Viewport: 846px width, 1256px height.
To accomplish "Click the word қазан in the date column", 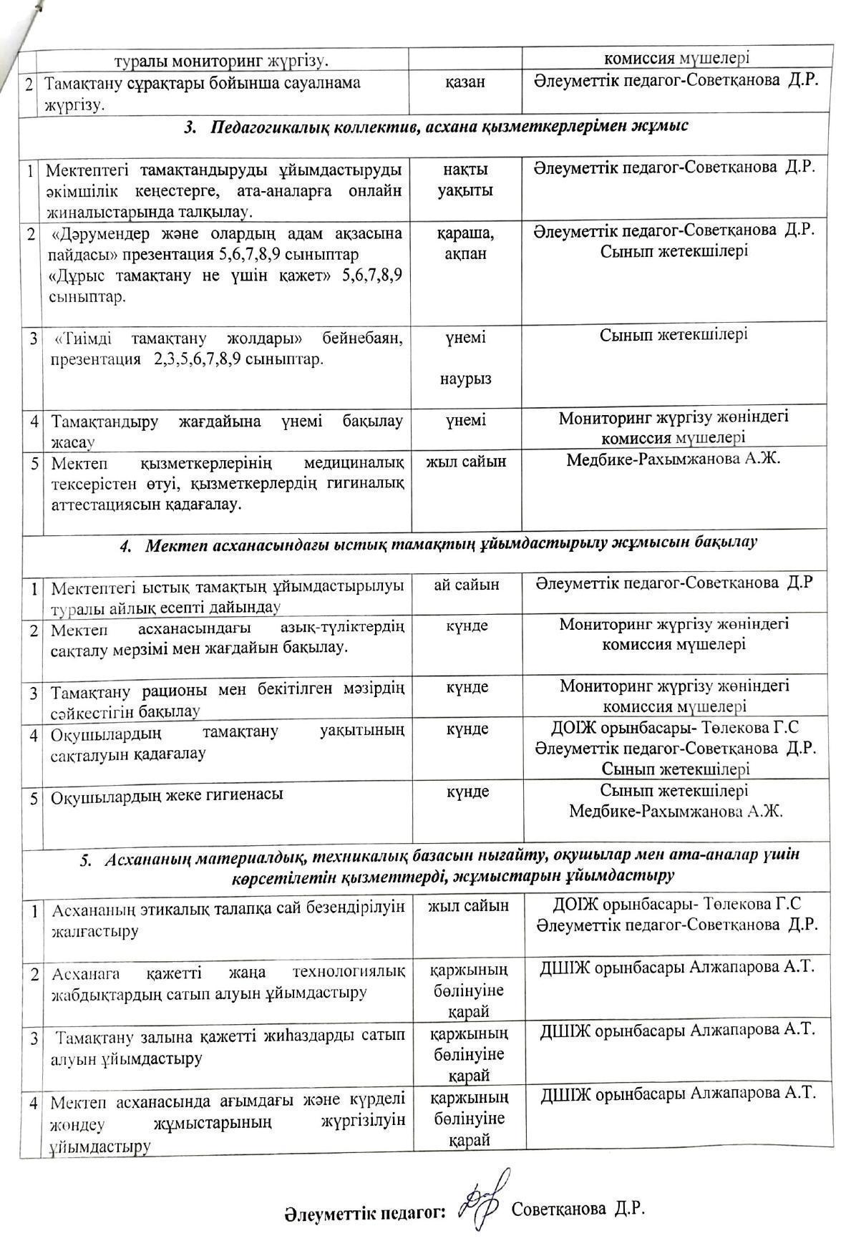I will click(x=465, y=82).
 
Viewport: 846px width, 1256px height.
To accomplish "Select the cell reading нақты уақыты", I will click(x=465, y=180).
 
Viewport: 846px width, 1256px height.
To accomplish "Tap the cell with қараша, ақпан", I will click(x=465, y=243).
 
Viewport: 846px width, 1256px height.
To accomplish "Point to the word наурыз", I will click(x=465, y=379).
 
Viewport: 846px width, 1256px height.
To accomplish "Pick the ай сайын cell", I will click(x=466, y=584).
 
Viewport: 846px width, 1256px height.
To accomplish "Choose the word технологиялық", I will click(x=349, y=972).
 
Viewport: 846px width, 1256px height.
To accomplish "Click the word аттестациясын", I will click(x=106, y=504).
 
